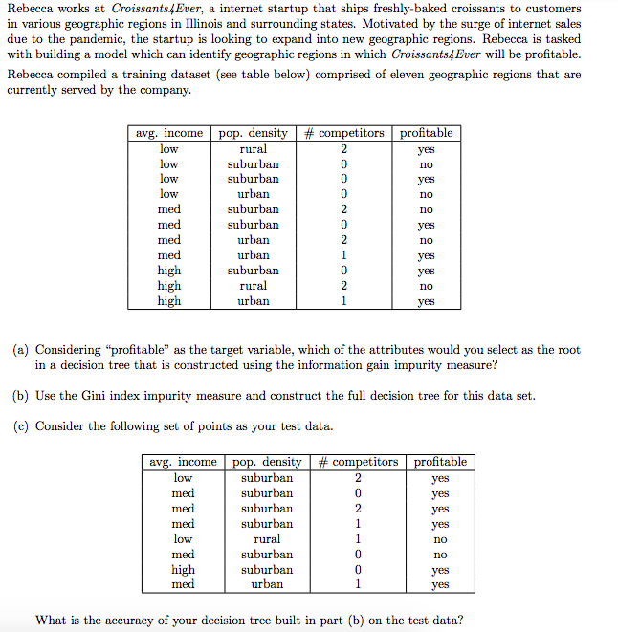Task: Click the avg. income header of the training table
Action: click(x=168, y=133)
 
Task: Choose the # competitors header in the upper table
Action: click(x=343, y=133)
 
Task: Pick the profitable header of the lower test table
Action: click(x=440, y=462)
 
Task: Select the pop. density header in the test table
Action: click(x=267, y=462)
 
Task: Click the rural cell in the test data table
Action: click(x=267, y=539)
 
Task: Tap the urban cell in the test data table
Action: click(x=267, y=584)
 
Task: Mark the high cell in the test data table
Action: click(x=183, y=570)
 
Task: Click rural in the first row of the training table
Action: click(x=253, y=149)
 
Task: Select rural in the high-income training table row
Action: click(x=253, y=286)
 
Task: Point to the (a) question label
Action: click(x=20, y=351)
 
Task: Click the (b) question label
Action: click(x=20, y=396)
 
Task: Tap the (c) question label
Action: click(x=20, y=426)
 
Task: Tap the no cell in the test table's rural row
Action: click(x=440, y=539)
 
